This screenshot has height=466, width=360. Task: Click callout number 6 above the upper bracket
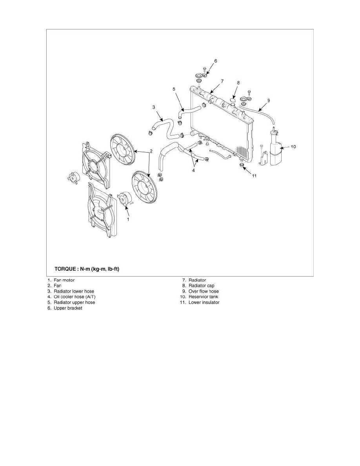[x=216, y=61]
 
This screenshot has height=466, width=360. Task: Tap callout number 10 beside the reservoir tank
[x=293, y=147]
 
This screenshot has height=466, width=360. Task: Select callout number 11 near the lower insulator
[x=254, y=176]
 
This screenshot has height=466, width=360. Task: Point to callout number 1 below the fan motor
[x=128, y=219]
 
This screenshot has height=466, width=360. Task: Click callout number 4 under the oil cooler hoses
[x=193, y=171]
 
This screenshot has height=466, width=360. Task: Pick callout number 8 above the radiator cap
[x=238, y=83]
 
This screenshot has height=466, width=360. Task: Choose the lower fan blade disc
[x=144, y=187]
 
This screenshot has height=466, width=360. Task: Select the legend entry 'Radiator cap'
[x=202, y=286]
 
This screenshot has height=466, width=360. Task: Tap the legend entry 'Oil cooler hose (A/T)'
[x=75, y=297]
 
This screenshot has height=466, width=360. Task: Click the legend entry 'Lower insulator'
[x=204, y=302]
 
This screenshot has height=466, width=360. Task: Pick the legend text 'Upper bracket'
[x=68, y=308]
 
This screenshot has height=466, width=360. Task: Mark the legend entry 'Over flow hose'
[x=204, y=291]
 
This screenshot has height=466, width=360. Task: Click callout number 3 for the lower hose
[x=154, y=107]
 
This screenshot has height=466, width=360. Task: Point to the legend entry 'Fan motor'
[x=64, y=280]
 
